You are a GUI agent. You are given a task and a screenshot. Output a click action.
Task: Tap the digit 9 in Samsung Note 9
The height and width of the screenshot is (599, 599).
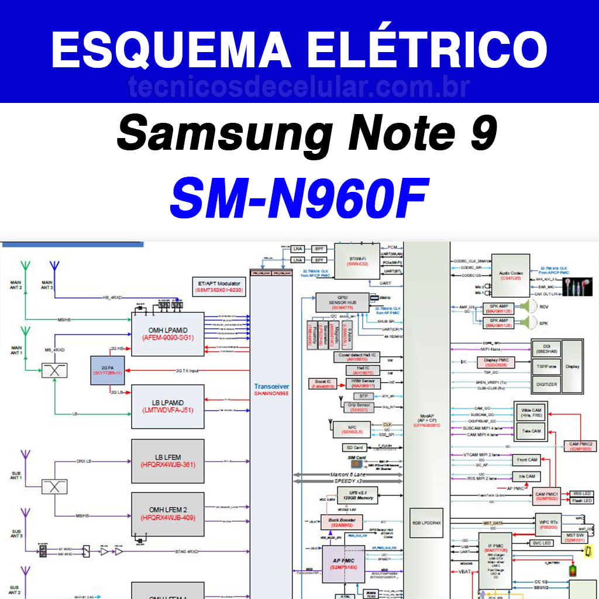(481, 133)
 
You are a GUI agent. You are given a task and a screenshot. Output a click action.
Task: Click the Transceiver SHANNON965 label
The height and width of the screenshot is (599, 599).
(271, 390)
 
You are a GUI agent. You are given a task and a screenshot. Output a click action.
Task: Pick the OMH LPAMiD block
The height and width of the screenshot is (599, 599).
(167, 334)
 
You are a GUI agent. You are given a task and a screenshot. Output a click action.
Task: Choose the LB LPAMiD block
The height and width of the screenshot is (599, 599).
(167, 406)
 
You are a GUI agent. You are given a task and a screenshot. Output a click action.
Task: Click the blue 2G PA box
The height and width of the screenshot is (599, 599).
(108, 370)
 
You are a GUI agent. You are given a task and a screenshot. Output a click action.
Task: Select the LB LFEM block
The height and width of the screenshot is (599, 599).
(167, 461)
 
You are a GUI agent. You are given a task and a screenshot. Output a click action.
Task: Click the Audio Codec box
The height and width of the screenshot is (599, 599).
(507, 276)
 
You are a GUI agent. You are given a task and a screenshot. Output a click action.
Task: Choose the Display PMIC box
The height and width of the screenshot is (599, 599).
(496, 363)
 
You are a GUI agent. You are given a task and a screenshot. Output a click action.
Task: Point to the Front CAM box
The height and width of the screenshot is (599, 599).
(527, 460)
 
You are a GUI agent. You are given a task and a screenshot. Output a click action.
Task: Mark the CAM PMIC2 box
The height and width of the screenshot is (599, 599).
(581, 447)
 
